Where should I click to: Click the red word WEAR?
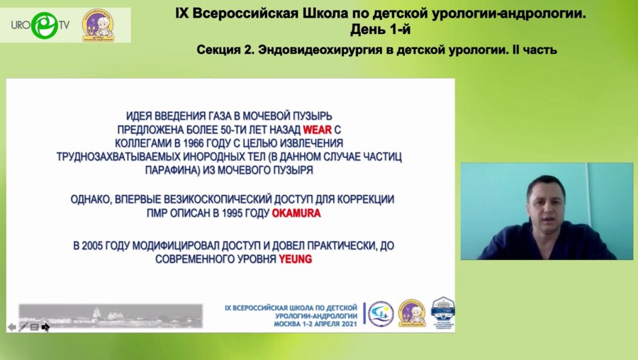317,130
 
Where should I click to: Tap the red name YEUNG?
296,259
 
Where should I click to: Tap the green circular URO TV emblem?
46,25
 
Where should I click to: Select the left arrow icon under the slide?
12,327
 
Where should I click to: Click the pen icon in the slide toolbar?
23,327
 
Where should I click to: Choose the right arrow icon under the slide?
46,327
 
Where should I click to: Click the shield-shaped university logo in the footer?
443,312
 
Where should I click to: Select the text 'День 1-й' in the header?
380,30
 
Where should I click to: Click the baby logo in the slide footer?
412,313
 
